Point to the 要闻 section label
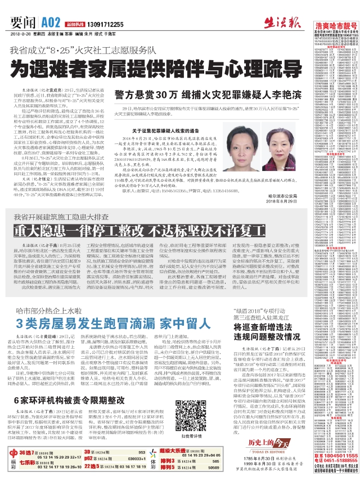(x=26, y=22)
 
